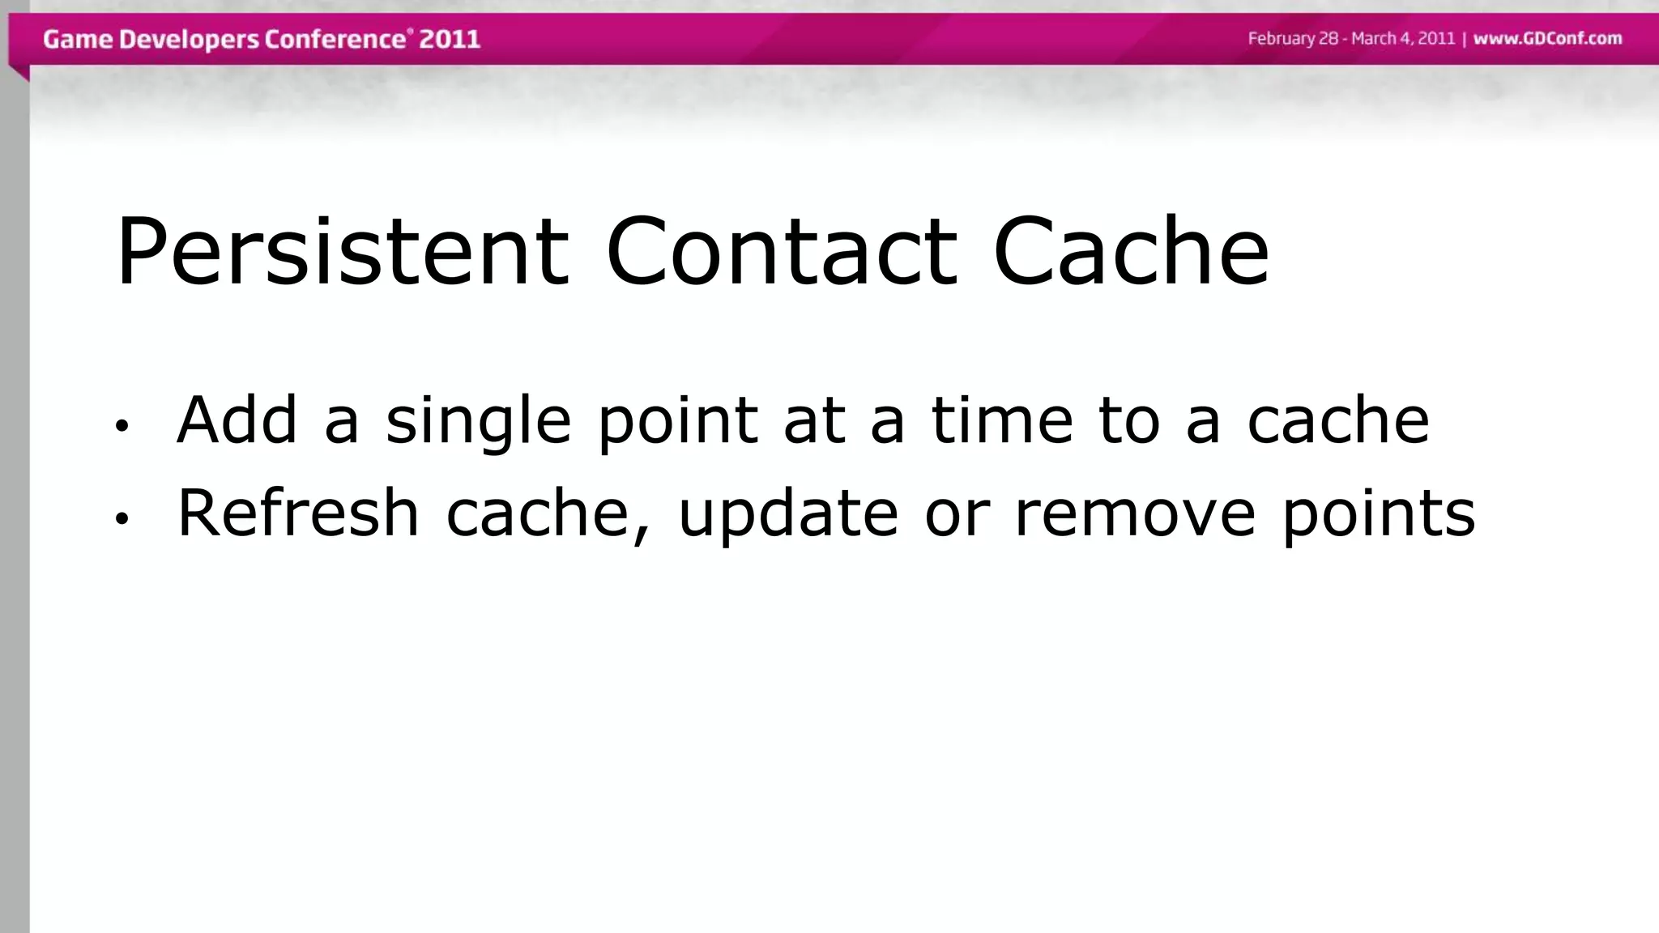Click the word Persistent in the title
[x=342, y=251]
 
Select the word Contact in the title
[x=782, y=251]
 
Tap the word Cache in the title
[x=1131, y=251]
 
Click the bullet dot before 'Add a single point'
[x=122, y=426]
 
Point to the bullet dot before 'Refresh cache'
[x=122, y=519]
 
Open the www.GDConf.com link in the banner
[x=1547, y=38]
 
